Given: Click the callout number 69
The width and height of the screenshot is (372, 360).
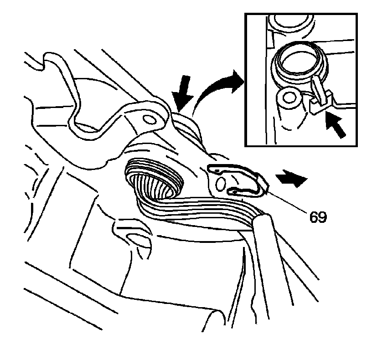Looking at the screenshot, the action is tap(318, 217).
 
